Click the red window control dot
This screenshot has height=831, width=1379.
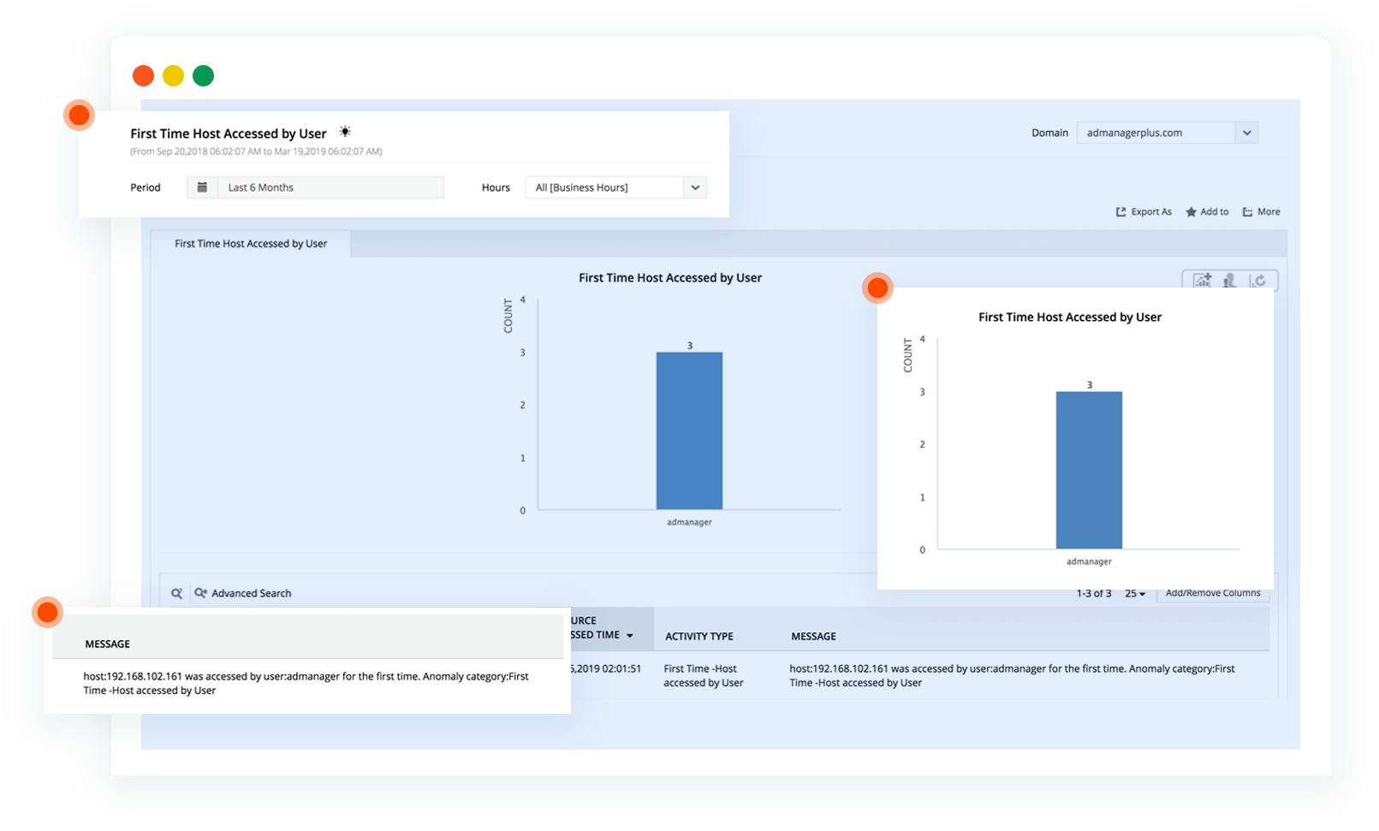[143, 76]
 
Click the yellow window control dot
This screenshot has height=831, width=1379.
[173, 76]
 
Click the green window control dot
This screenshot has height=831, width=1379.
[203, 76]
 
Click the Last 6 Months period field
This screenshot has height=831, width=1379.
[330, 187]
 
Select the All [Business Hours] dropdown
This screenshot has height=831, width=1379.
[615, 187]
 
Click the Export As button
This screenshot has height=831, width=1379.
[1144, 211]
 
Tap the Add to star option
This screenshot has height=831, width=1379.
[1207, 211]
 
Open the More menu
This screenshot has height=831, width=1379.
[1262, 211]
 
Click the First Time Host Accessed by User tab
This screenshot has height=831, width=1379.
[251, 244]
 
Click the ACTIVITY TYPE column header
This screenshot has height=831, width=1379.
[699, 636]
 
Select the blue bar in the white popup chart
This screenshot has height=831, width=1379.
[1089, 470]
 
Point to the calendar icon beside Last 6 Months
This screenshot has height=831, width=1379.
[202, 187]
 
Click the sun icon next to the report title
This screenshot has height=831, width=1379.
[345, 132]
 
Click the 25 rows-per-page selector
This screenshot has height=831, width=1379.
[1135, 593]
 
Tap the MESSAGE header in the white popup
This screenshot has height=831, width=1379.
[108, 644]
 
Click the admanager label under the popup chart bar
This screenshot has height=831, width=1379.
[1089, 561]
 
